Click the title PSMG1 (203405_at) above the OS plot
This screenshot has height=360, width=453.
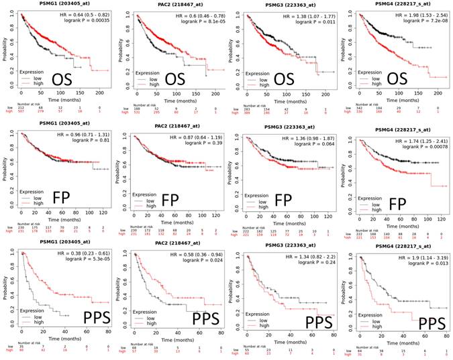coord(54,5)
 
